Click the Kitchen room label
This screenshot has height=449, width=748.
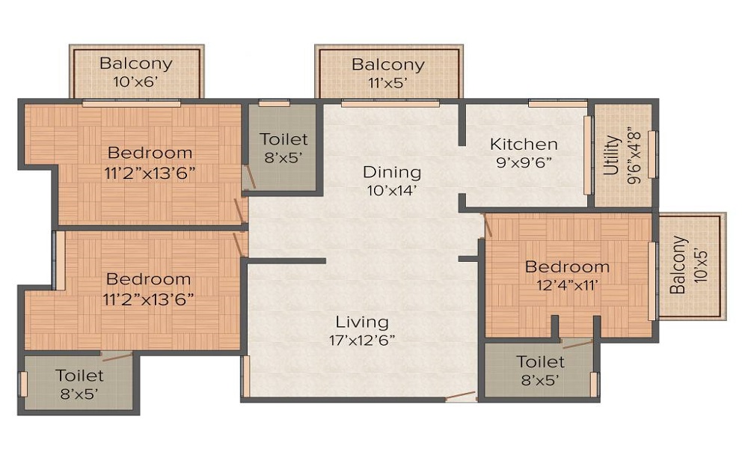pyautogui.click(x=524, y=144)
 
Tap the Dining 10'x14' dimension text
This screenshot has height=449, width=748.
pyautogui.click(x=392, y=191)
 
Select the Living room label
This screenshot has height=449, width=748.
pyautogui.click(x=361, y=322)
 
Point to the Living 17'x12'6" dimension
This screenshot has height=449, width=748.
pyautogui.click(x=361, y=340)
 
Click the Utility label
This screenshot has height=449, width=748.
pyautogui.click(x=613, y=155)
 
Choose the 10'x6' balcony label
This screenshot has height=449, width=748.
pyautogui.click(x=135, y=82)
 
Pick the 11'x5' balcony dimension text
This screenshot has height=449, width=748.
pyautogui.click(x=387, y=83)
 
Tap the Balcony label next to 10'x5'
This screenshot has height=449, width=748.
pyautogui.click(x=678, y=265)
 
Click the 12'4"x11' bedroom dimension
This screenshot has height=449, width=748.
pyautogui.click(x=567, y=285)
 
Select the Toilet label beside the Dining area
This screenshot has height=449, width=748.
pyautogui.click(x=283, y=139)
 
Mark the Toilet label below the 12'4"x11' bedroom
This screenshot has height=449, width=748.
pyautogui.click(x=541, y=361)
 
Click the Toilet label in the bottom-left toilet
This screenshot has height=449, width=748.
pyautogui.click(x=80, y=376)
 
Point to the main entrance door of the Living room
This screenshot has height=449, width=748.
pyautogui.click(x=460, y=396)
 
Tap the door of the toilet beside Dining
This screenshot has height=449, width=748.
pyautogui.click(x=249, y=177)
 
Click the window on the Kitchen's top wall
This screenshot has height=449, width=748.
pyautogui.click(x=558, y=103)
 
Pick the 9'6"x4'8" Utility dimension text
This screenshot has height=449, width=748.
pyautogui.click(x=634, y=156)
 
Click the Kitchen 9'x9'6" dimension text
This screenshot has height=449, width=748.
pyautogui.click(x=524, y=162)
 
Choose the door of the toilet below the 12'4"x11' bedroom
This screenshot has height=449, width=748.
pyautogui.click(x=577, y=343)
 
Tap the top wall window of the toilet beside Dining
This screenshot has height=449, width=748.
pyautogui.click(x=275, y=103)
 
